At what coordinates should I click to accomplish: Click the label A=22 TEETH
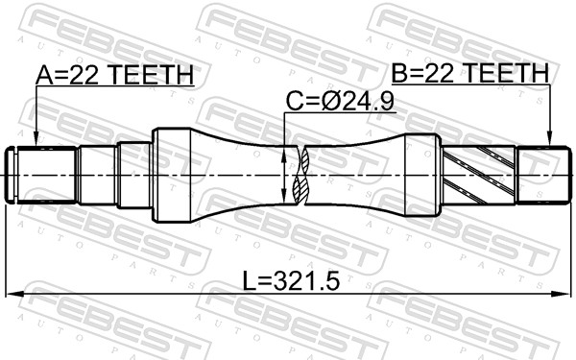coord(115,75)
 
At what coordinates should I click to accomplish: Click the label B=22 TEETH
coord(469,73)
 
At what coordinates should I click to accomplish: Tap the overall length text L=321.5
coord(292,283)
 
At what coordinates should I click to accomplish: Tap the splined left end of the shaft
coord(43,176)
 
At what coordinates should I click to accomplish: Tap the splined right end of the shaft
coord(539,176)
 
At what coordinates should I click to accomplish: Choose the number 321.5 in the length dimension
coord(305,283)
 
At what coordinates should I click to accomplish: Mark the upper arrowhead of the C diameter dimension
coord(283,151)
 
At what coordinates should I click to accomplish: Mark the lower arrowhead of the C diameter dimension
coord(283,201)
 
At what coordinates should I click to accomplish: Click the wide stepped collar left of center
coord(173,176)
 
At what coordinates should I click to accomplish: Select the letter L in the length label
coord(248,283)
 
